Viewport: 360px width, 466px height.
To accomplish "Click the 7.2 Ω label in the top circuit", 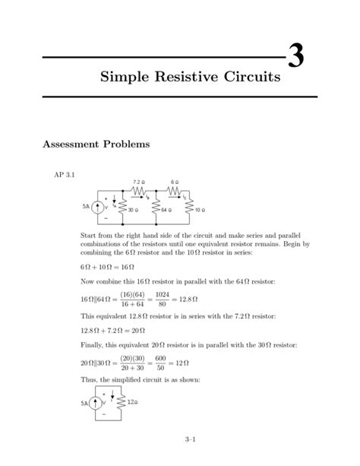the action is tap(137, 183).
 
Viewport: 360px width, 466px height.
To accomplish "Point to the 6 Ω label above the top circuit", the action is tap(175, 183).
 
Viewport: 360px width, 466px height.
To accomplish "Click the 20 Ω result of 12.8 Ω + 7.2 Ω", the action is tap(139, 331).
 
